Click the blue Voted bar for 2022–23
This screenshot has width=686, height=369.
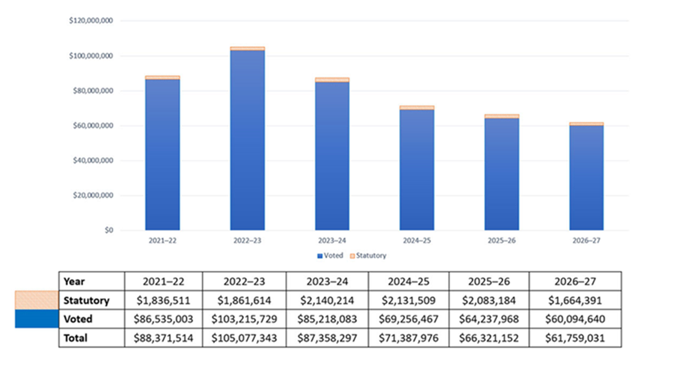click(247, 141)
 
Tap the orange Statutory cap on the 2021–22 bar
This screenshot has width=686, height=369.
click(162, 77)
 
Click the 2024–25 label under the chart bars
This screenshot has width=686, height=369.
click(417, 241)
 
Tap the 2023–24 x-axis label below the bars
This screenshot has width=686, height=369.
click(332, 241)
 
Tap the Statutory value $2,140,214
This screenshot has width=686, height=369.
click(327, 300)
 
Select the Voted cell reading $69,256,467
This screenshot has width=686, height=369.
click(409, 319)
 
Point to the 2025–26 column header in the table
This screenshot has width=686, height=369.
click(489, 281)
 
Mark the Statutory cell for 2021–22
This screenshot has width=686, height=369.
click(164, 300)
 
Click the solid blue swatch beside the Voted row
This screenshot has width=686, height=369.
click(37, 319)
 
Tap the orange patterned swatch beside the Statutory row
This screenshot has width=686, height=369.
click(37, 300)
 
